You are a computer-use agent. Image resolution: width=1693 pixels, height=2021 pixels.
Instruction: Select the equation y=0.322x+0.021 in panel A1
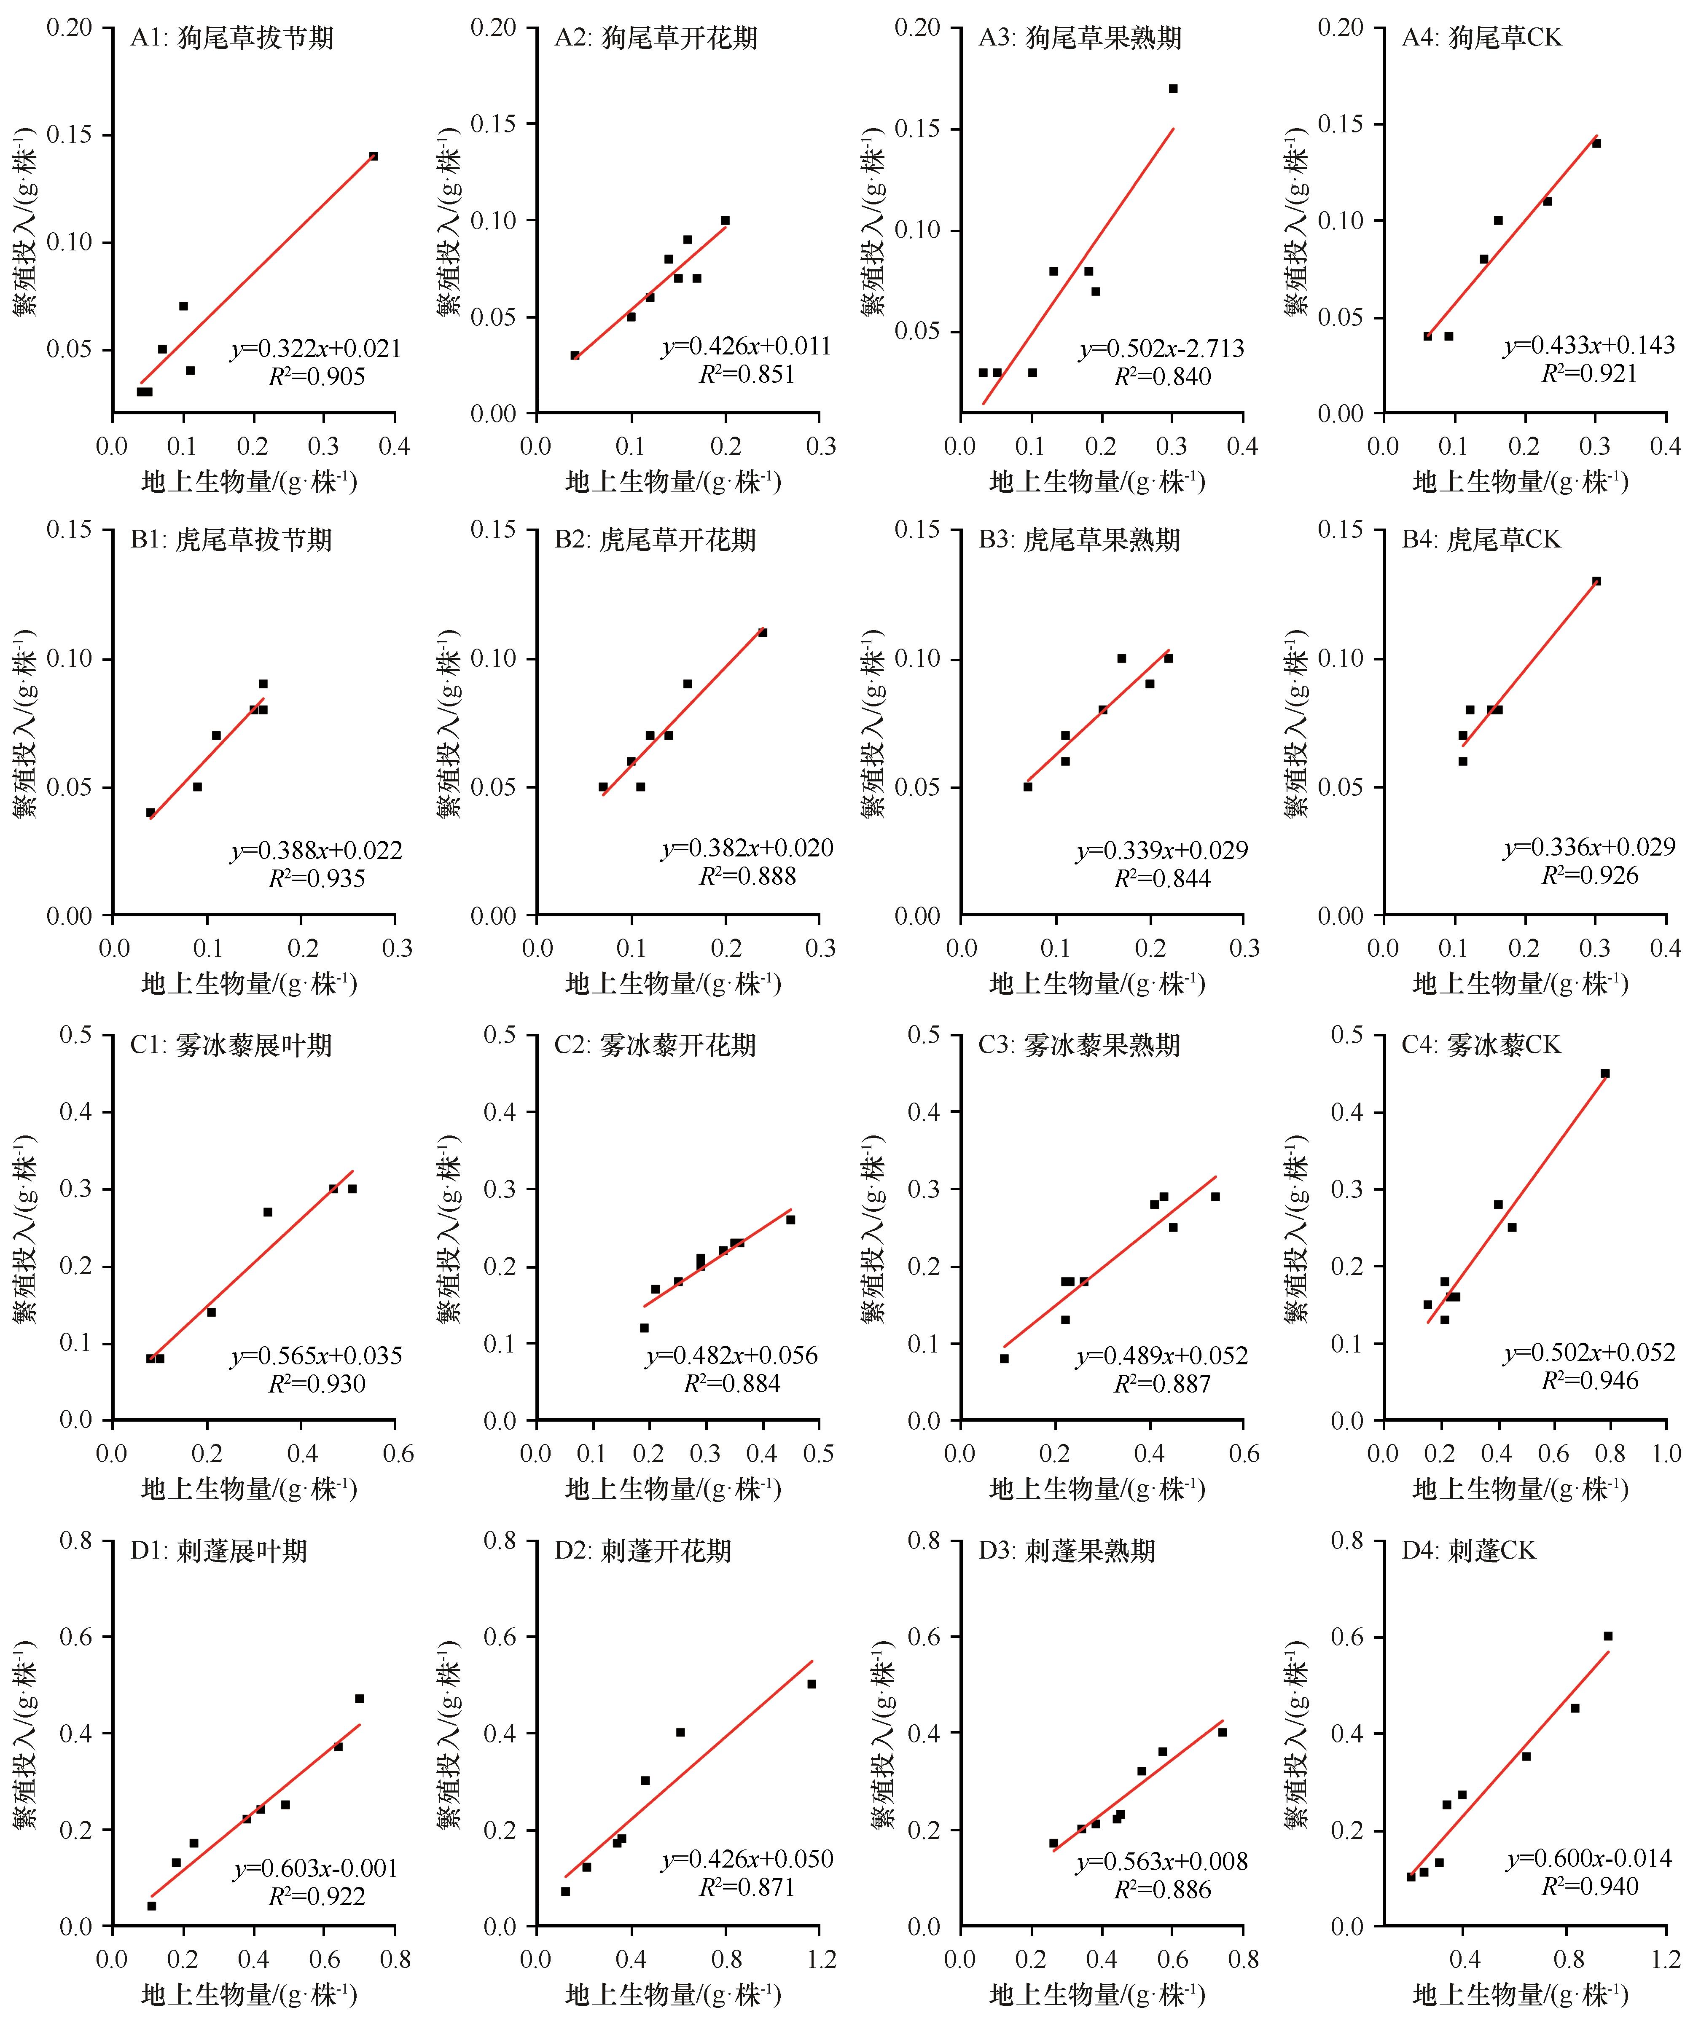(x=316, y=349)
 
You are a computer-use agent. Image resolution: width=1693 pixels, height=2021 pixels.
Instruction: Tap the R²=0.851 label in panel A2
(x=747, y=374)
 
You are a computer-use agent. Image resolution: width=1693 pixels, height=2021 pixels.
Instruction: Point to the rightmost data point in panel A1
(x=374, y=156)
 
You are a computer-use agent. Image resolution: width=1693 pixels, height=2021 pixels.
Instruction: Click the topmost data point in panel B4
(x=1596, y=581)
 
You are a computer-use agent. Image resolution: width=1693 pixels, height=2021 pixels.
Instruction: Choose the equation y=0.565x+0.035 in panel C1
(x=316, y=1356)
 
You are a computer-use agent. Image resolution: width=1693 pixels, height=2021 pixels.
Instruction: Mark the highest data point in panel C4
(x=1604, y=1073)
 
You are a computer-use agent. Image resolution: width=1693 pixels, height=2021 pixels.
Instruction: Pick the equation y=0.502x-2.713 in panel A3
(x=1162, y=349)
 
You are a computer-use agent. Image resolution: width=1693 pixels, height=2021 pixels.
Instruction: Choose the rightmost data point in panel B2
(x=762, y=632)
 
